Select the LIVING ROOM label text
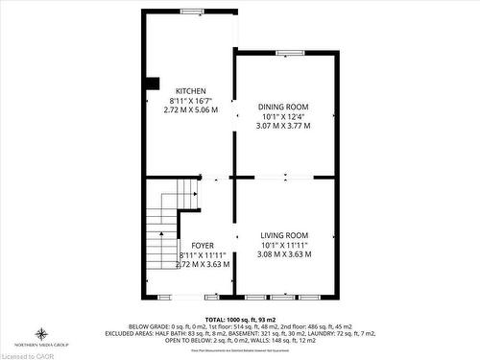284,235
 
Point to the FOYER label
203,245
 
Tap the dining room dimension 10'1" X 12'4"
283,116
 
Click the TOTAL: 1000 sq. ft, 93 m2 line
240,318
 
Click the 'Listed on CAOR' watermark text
26,354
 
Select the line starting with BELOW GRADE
240,325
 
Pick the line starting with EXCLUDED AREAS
240,332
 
